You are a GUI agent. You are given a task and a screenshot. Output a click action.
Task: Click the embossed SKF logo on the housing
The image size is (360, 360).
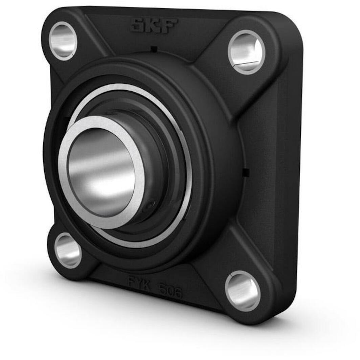click(x=154, y=26)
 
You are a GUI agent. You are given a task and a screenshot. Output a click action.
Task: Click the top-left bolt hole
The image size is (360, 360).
click(x=63, y=41)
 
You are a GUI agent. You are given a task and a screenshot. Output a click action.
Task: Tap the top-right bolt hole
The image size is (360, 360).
click(x=246, y=52)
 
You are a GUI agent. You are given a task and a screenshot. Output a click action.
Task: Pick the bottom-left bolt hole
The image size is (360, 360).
click(x=68, y=251)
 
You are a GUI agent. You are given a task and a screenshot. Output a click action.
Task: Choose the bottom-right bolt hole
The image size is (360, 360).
click(x=243, y=291)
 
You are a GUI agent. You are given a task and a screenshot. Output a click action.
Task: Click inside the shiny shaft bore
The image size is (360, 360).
click(x=102, y=173)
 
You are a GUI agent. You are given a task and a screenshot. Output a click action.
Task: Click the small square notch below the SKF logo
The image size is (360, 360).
click(x=154, y=49)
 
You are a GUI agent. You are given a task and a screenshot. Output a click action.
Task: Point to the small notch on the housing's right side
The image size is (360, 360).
click(x=246, y=172)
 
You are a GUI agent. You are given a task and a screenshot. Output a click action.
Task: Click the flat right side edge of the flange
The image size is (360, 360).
click(x=291, y=169)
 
